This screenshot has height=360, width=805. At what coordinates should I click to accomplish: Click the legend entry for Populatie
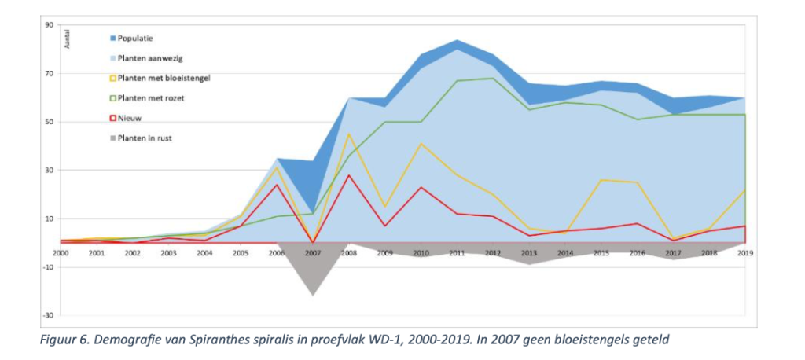point(134,38)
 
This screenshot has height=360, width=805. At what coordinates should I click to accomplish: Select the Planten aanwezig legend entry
point(147,58)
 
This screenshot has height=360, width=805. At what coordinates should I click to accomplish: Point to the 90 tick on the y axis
point(49,25)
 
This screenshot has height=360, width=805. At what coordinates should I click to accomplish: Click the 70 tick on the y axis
point(49,73)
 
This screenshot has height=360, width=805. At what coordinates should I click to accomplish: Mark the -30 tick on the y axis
point(48,315)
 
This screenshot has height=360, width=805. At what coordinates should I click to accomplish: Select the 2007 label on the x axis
point(312,253)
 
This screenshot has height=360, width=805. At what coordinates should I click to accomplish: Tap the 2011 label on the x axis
point(457,253)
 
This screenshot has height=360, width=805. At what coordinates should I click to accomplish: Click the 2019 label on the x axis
point(744,253)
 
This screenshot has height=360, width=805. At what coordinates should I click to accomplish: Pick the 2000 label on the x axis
point(61,253)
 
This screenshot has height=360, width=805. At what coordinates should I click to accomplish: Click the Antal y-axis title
point(67,39)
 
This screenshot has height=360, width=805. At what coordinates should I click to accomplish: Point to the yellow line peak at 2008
point(348,134)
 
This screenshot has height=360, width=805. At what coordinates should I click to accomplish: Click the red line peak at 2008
point(348,175)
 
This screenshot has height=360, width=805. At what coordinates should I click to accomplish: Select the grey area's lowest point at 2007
point(312,296)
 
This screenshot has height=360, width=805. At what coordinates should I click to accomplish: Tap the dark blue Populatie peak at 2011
point(457,40)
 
